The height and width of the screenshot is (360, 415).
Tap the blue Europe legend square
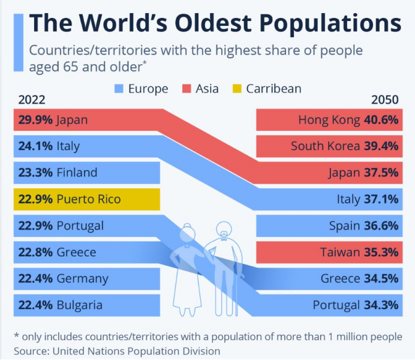(x=119, y=89)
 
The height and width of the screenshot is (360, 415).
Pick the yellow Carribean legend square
(x=236, y=89)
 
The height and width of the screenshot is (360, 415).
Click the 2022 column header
(x=32, y=100)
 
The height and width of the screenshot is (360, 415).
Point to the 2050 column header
(x=385, y=100)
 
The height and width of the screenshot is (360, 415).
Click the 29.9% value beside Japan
(x=34, y=120)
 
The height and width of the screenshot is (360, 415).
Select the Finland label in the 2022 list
(x=77, y=173)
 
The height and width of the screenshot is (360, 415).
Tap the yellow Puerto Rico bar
(x=86, y=199)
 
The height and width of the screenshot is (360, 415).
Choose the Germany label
(x=82, y=278)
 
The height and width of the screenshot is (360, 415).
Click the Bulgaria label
(x=80, y=305)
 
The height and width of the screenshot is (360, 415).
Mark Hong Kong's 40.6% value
(x=381, y=120)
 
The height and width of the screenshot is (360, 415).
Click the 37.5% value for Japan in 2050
(x=381, y=173)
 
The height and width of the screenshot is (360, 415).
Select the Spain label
(x=344, y=226)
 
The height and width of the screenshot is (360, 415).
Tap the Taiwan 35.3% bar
(x=327, y=252)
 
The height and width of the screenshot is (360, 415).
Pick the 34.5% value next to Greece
(x=381, y=278)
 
